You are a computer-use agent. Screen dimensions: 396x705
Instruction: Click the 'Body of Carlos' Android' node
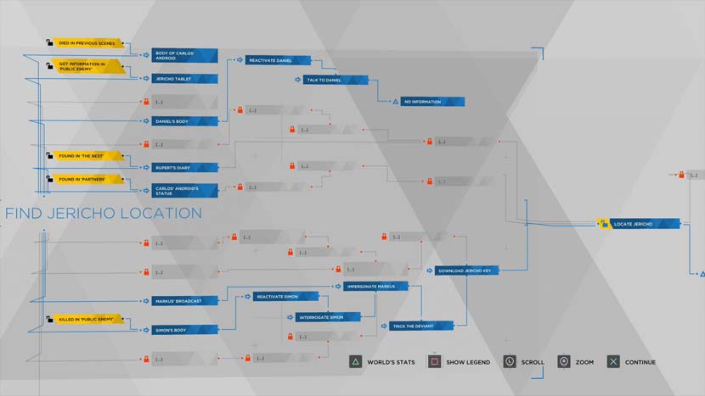coord(185,55)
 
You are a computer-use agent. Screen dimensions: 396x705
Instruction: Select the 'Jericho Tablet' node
coord(185,79)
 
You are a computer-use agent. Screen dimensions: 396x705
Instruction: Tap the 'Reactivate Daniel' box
coord(279,60)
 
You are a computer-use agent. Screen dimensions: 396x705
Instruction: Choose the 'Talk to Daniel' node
coord(336,80)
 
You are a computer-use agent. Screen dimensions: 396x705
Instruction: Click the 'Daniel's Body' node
coord(185,121)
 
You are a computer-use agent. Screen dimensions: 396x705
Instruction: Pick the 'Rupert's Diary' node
coord(185,168)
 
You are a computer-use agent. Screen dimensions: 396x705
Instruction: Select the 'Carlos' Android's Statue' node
coord(185,191)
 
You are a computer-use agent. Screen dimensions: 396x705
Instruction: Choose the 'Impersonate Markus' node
coord(375,287)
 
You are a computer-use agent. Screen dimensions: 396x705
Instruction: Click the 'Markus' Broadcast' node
coord(185,300)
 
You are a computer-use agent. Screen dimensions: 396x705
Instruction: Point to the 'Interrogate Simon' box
coord(329,317)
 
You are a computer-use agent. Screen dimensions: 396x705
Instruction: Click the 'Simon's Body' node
coord(185,329)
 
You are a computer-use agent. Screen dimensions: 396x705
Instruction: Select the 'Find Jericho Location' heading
coord(104,214)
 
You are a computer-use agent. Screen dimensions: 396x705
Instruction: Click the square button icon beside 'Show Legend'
coord(434,362)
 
